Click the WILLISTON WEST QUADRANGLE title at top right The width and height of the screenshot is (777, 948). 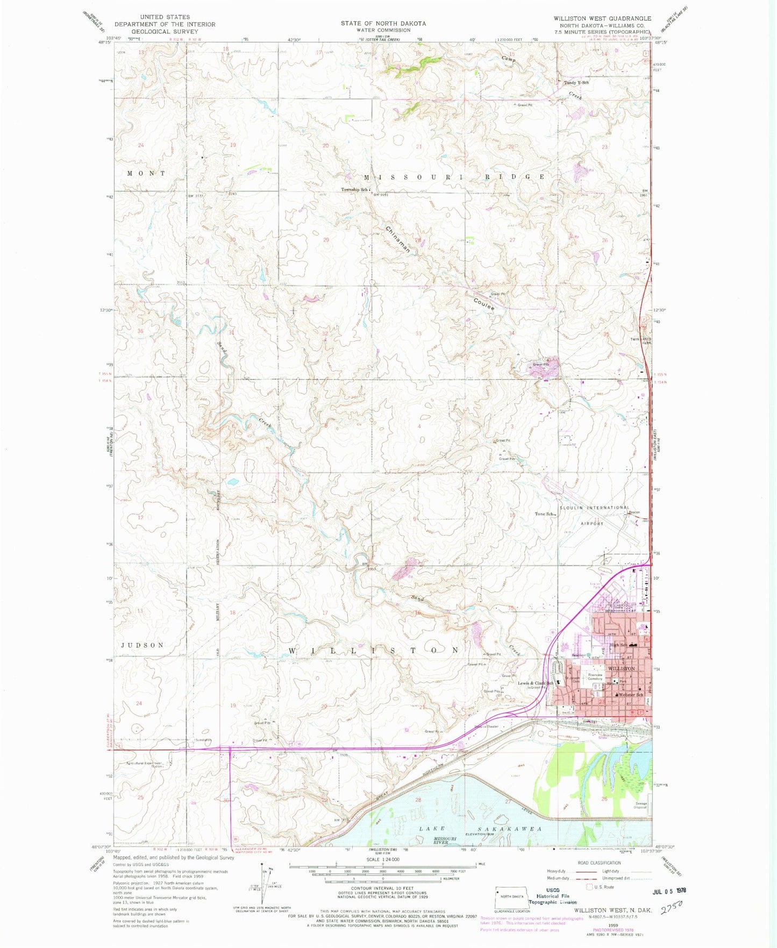602,18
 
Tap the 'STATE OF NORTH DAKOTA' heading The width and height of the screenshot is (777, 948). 383,24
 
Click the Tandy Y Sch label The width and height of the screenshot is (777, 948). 576,83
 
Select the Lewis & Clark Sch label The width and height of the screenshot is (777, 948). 535,683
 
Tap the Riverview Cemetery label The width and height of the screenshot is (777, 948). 595,676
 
